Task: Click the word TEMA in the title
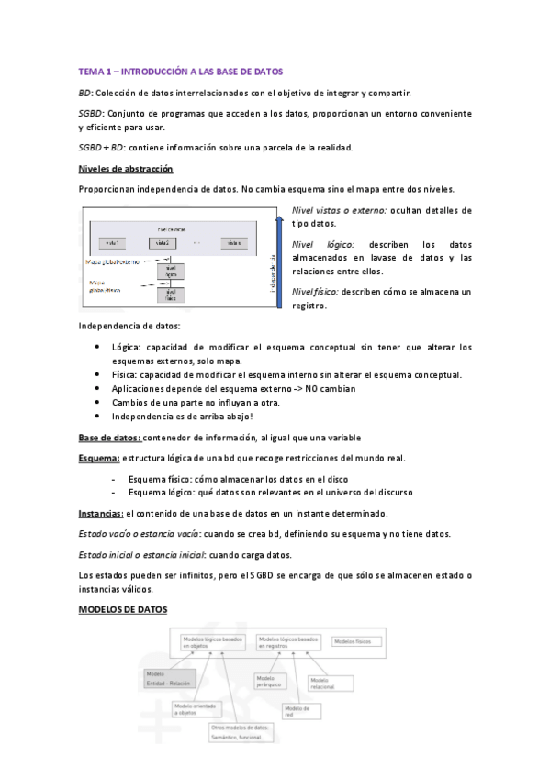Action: [x=91, y=71]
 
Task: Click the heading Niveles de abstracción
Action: [x=126, y=169]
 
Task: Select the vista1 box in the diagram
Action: [x=114, y=243]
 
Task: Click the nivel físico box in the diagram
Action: [x=171, y=295]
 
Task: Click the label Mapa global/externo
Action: [x=112, y=261]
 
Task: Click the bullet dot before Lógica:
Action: [x=98, y=348]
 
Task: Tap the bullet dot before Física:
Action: [x=98, y=374]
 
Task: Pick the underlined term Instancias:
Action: [x=101, y=513]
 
